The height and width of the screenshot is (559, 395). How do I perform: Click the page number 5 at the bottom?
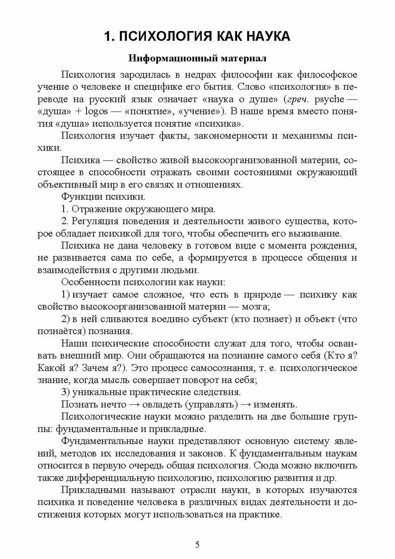(x=197, y=545)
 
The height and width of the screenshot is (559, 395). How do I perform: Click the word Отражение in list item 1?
(x=95, y=209)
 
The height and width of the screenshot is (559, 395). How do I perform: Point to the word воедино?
(x=169, y=319)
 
